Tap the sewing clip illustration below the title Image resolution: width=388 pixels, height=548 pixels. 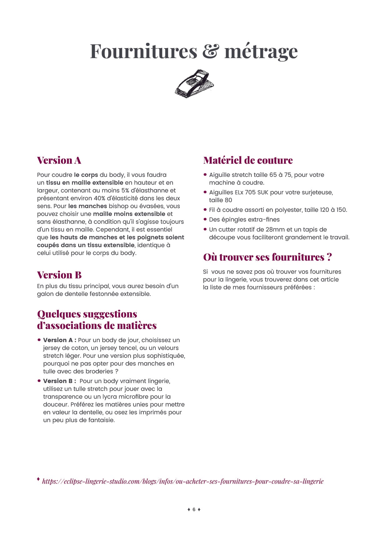(194, 84)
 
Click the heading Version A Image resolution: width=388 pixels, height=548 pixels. (59, 160)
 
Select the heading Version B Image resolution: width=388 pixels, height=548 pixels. (59, 275)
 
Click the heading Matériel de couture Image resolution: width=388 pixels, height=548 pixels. (248, 160)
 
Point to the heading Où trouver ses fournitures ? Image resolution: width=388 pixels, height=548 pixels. (267, 257)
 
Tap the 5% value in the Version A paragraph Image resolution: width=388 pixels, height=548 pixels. (125, 191)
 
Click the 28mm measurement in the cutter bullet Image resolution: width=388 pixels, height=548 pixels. (275, 230)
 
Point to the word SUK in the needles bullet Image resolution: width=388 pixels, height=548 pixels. (263, 192)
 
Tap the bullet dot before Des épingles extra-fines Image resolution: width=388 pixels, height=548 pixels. (205, 219)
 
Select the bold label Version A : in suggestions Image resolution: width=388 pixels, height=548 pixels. (59, 340)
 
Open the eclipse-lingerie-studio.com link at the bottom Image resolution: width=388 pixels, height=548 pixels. (183, 481)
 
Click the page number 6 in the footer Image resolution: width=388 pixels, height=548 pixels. (194, 510)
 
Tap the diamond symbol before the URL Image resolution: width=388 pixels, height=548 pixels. (38, 479)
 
